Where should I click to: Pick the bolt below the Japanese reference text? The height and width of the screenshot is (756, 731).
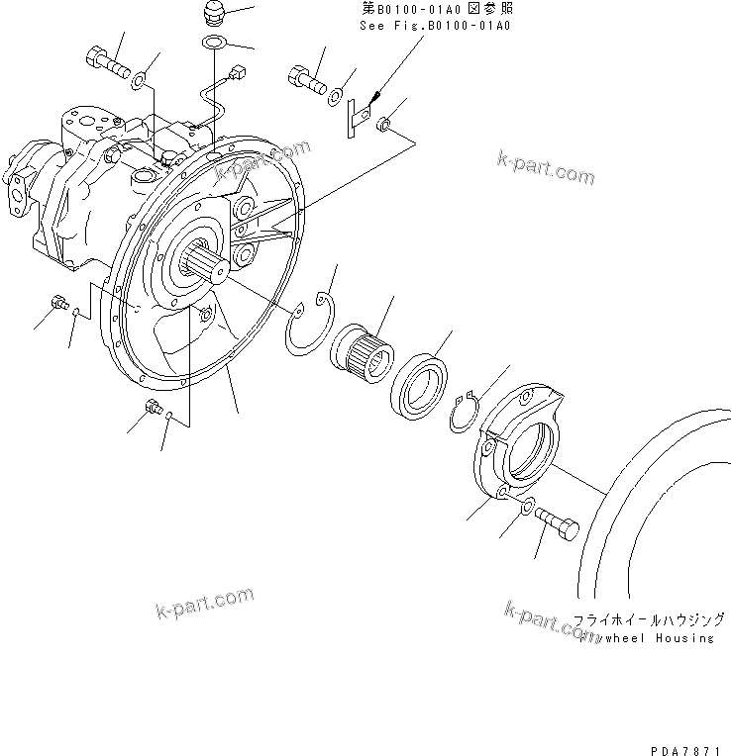tap(307, 78)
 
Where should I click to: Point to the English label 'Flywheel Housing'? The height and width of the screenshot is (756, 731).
tap(648, 638)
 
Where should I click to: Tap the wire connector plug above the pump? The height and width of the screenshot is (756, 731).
tap(236, 72)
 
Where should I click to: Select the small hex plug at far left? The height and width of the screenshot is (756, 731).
tap(57, 302)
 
